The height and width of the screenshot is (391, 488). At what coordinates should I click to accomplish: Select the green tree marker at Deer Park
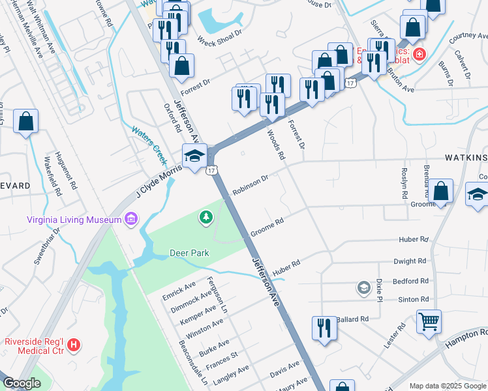(207, 217)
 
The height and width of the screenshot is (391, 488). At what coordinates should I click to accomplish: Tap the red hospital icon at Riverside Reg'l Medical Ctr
(74, 344)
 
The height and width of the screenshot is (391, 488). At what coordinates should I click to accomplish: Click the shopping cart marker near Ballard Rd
(429, 320)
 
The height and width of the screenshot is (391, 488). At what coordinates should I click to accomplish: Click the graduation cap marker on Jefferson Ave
(194, 156)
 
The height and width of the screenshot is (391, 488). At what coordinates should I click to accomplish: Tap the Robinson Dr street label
(250, 184)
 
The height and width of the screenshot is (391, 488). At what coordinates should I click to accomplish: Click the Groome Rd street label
(266, 227)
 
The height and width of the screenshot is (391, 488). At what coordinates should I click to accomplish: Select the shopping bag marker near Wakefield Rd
(25, 121)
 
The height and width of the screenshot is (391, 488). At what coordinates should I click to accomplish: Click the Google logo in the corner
(22, 383)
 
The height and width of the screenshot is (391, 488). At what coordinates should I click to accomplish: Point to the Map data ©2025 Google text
(448, 386)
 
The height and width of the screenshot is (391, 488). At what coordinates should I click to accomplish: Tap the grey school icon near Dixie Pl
(363, 287)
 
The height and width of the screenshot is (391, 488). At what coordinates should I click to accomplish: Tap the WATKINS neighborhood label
(466, 158)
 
